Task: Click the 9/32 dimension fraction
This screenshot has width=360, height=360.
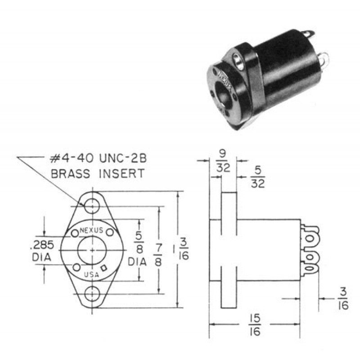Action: [223, 162]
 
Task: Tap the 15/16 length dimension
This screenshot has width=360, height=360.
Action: [255, 324]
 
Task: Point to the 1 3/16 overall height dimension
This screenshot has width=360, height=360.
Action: [181, 250]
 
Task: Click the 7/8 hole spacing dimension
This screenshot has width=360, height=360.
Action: [158, 255]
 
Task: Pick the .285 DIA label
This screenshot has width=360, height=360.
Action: [42, 251]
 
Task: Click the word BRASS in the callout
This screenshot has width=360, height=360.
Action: [71, 173]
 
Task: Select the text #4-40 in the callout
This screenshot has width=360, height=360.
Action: [72, 158]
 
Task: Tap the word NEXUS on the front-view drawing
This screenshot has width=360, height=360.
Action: [91, 230]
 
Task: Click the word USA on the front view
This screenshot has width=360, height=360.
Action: [91, 274]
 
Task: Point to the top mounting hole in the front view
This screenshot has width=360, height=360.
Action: [92, 206]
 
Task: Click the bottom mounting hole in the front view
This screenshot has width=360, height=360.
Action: [92, 294]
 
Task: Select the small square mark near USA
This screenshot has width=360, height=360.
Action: [104, 268]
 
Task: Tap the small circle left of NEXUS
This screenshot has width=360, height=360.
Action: [75, 234]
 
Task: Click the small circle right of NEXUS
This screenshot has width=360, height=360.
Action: [110, 233]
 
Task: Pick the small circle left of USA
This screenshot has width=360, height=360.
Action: [76, 267]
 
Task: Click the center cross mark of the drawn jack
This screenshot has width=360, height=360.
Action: [92, 250]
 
